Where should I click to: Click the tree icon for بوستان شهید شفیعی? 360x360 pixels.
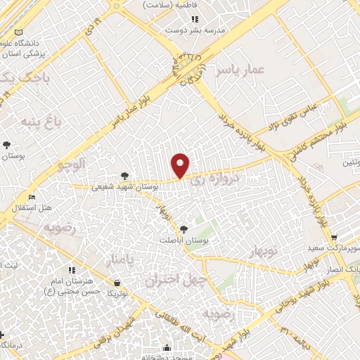124,175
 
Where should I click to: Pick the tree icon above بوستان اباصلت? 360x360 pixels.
184,229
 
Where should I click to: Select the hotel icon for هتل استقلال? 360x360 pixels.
30,198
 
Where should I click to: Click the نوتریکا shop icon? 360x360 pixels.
115,283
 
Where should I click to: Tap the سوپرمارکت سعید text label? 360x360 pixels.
333,249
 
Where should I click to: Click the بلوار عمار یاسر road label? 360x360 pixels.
133,109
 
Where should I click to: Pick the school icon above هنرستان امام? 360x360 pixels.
71,269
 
